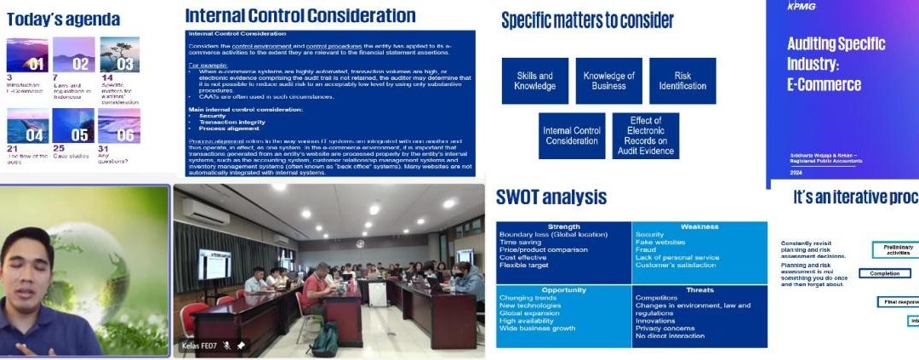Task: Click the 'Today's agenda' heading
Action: click(x=63, y=19)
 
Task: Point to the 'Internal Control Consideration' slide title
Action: click(x=300, y=15)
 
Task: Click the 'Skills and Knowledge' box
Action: click(x=534, y=81)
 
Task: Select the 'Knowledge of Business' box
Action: click(x=608, y=81)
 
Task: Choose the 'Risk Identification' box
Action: click(x=682, y=81)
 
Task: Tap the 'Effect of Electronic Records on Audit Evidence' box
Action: click(x=646, y=135)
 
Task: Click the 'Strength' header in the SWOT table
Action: click(x=563, y=227)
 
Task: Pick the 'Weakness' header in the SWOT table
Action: click(x=699, y=227)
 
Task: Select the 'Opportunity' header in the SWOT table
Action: click(x=563, y=289)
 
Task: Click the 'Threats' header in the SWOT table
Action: click(x=699, y=289)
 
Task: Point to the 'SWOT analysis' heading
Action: click(x=551, y=197)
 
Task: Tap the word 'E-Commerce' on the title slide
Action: click(x=824, y=84)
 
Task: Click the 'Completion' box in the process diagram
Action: click(x=885, y=273)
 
